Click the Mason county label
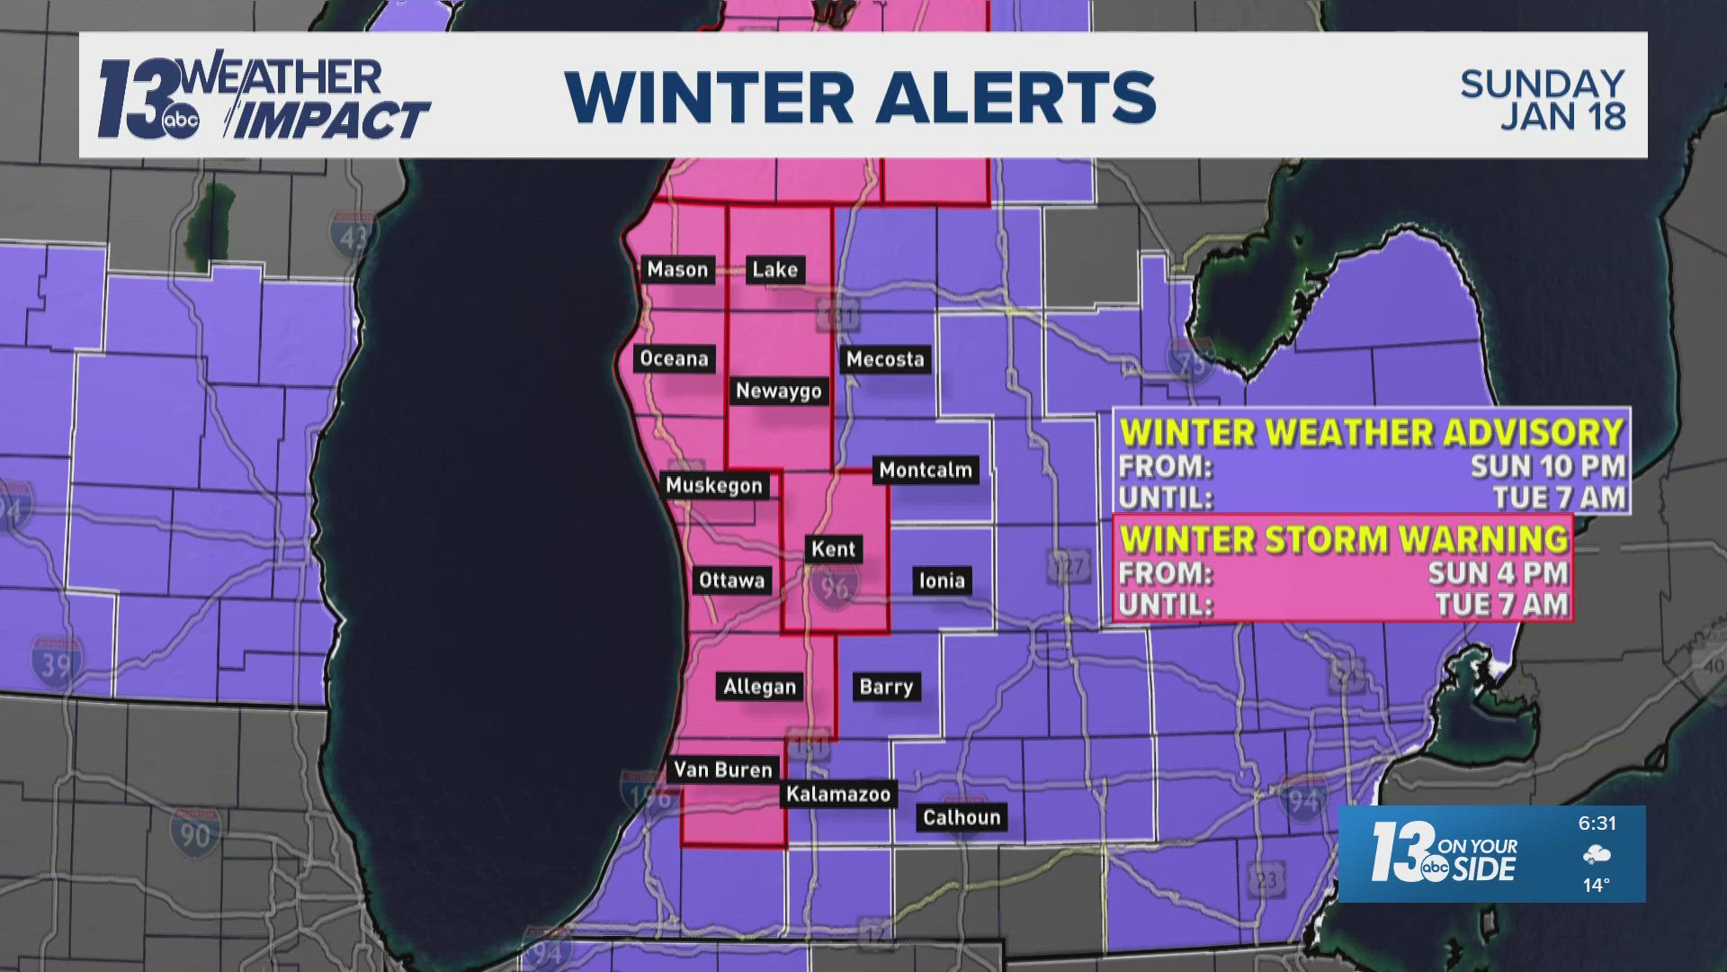(677, 269)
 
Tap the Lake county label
(774, 269)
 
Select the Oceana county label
(674, 358)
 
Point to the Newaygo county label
(778, 391)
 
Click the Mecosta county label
(885, 359)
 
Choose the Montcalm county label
(926, 469)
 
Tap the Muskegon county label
(714, 485)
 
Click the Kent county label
(833, 549)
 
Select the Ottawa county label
(731, 580)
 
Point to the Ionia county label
(942, 580)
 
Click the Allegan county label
(760, 687)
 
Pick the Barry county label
(886, 687)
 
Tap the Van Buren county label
(723, 769)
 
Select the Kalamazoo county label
(838, 794)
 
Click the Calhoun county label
(962, 817)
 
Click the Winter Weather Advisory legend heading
(1372, 432)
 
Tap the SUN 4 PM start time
(1498, 573)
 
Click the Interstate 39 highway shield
(56, 661)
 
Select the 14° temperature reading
(1596, 886)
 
